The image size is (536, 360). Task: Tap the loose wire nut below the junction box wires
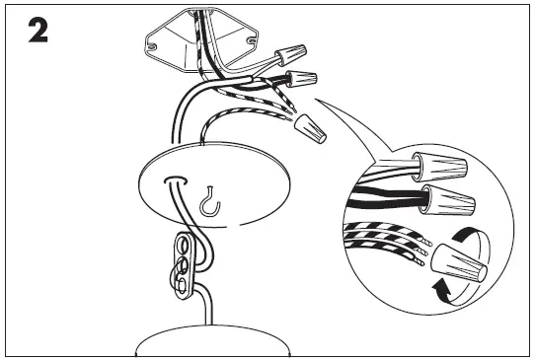tap(312, 125)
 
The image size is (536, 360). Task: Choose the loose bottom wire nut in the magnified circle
tap(458, 262)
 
